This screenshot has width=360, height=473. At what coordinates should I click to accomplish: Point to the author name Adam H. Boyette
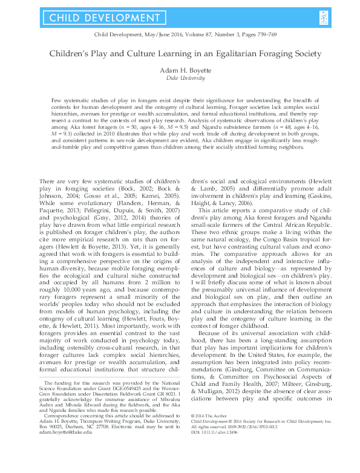click(x=180, y=70)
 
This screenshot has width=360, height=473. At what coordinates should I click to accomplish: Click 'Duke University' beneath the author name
click(x=180, y=79)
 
